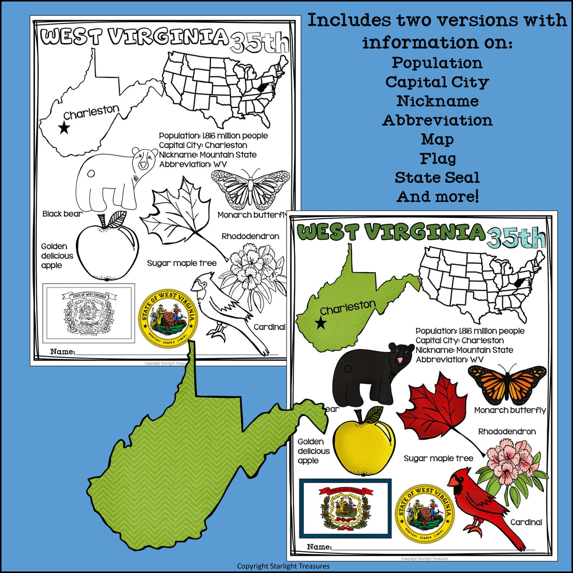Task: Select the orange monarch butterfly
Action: (x=507, y=383)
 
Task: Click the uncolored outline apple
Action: (x=107, y=251)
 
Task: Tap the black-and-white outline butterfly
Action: (x=251, y=189)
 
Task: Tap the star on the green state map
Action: (x=321, y=324)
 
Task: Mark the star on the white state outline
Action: (x=64, y=128)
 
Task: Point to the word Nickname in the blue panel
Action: (x=437, y=101)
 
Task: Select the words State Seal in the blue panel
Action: (x=437, y=178)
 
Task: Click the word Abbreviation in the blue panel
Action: (x=437, y=120)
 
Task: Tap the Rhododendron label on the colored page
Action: (x=507, y=432)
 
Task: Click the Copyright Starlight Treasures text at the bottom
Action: (x=283, y=566)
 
